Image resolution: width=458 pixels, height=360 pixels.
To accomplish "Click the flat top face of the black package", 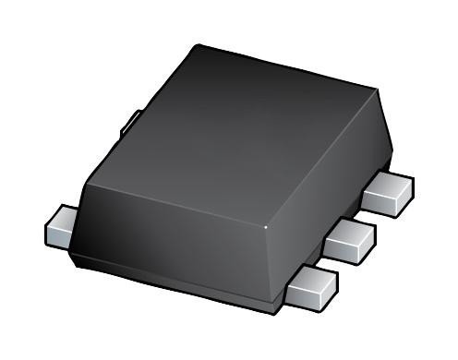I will pos(240,129).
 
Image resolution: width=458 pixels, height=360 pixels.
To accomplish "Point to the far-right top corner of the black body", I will pos(378,90).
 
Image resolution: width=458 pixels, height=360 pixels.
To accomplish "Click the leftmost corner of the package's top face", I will pos(86,182).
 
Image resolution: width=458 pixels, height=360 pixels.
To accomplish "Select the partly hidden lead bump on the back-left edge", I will pos(134,118).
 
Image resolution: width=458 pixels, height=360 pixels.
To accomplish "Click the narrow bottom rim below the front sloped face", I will pos(175,282).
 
